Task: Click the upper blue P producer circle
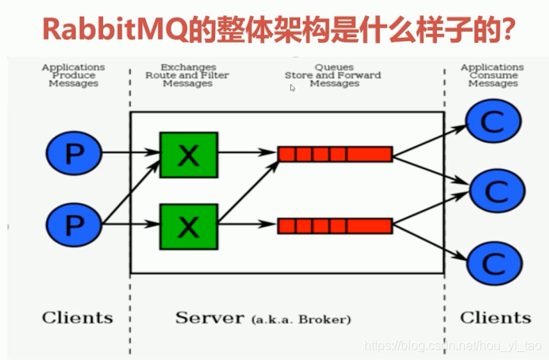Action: coord(73,153)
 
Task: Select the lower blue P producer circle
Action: coord(73,226)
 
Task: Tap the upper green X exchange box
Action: coord(188,154)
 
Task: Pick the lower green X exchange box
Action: coord(188,226)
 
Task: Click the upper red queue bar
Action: coord(335,154)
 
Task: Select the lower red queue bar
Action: coord(335,226)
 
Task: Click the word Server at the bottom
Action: coord(209,318)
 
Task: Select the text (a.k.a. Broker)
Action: coord(301,320)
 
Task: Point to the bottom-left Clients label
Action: coord(77,318)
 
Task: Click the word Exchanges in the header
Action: coord(187,67)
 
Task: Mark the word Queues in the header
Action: coord(333,67)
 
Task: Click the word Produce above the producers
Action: coord(73,75)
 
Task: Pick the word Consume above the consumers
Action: coord(493,75)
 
